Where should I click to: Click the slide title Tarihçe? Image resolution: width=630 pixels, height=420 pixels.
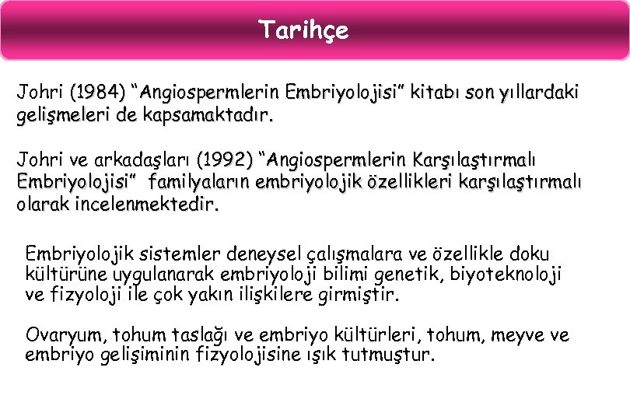304,30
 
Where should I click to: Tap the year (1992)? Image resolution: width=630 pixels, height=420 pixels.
225,161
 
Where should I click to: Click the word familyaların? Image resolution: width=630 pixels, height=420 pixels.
204,183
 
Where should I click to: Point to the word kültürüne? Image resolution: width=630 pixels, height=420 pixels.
60,275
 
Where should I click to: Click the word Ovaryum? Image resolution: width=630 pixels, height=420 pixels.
65,335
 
